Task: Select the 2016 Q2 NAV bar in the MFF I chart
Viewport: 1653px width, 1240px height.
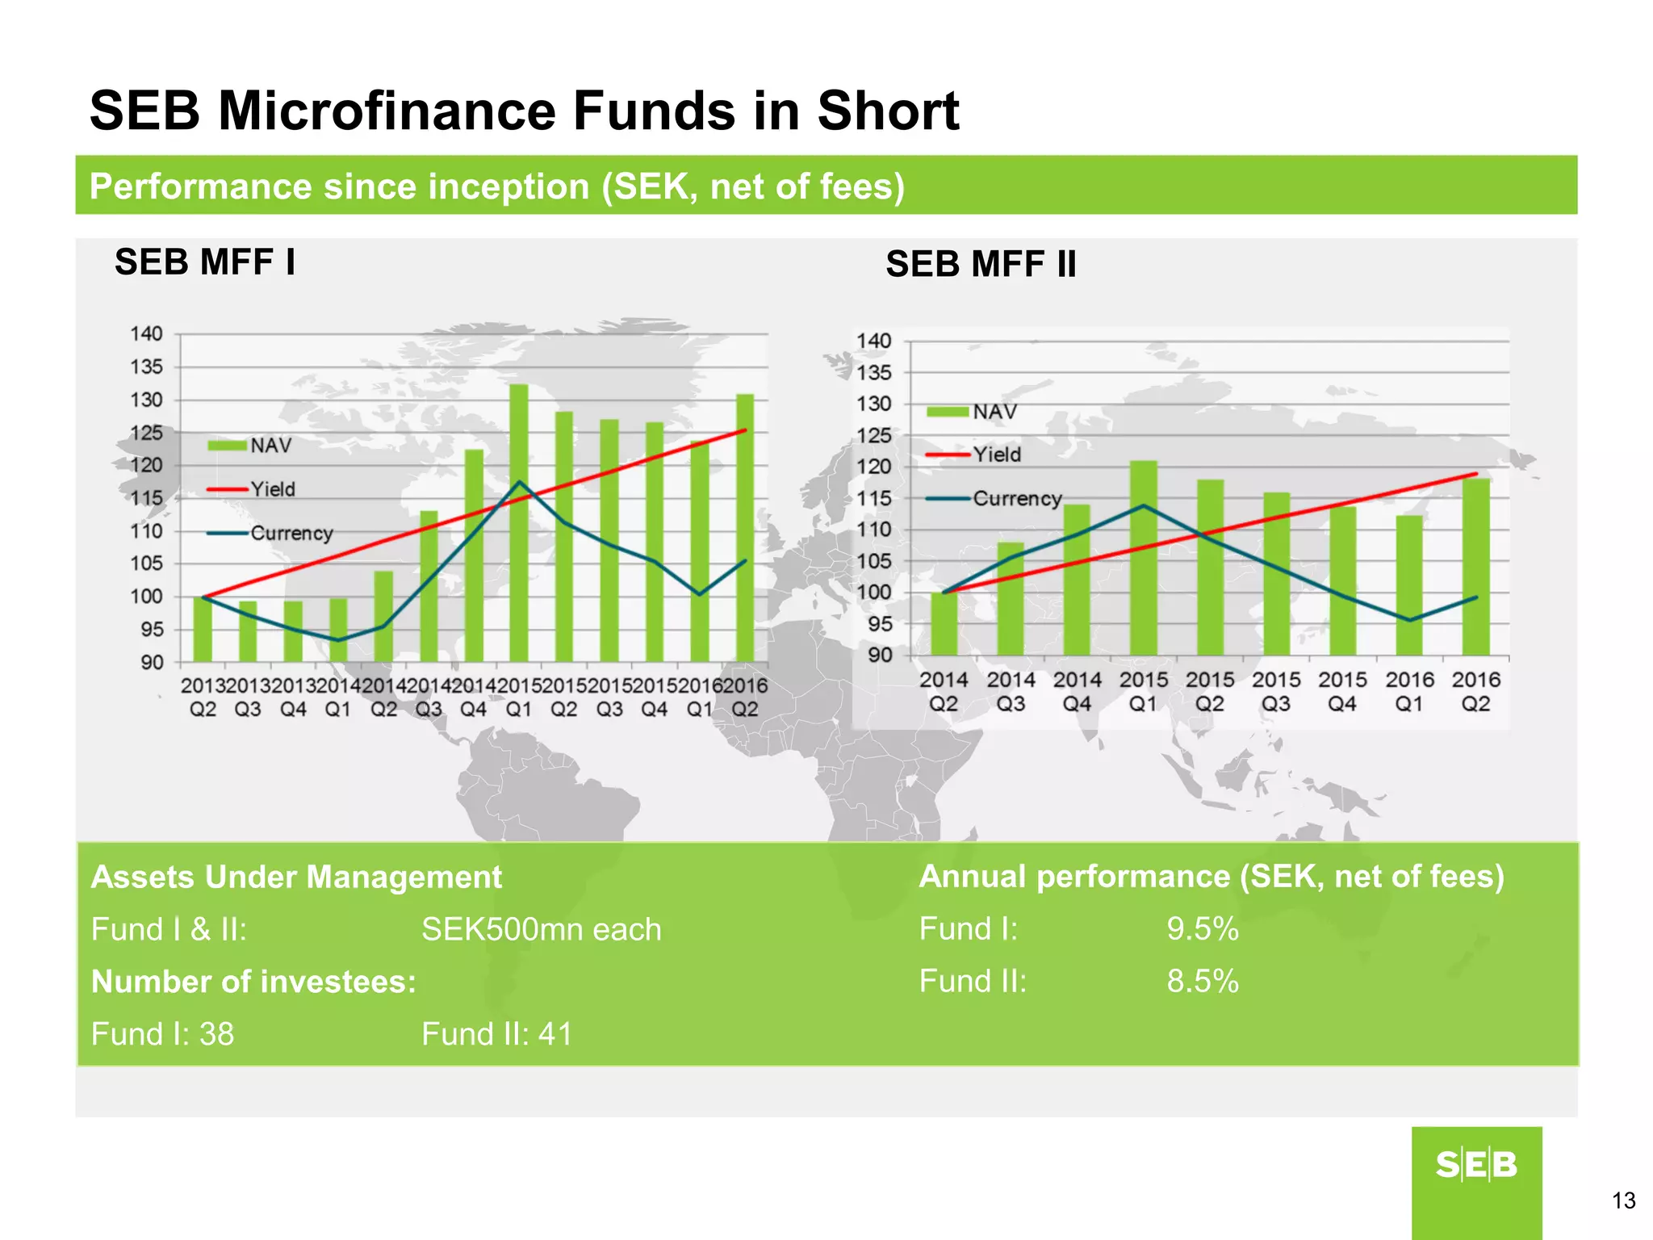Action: point(745,529)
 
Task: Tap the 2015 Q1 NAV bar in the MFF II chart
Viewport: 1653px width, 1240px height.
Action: point(1143,557)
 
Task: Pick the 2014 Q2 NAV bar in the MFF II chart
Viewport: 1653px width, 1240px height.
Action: point(944,623)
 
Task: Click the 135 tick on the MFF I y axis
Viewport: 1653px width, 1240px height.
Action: point(146,367)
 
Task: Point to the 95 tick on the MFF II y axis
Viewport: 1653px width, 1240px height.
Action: point(879,624)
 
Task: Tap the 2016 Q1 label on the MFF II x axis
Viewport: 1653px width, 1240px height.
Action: point(1409,692)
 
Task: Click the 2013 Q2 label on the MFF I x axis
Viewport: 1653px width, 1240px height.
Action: point(203,697)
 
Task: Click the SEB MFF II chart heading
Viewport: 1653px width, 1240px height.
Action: point(981,265)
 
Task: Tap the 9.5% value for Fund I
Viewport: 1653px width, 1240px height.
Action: point(1202,929)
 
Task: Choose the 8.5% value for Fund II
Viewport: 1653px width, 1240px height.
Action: point(1202,982)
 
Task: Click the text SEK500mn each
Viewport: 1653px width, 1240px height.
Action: point(541,930)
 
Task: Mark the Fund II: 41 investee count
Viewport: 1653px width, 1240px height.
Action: point(496,1034)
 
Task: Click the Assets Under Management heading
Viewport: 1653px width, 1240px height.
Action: point(296,878)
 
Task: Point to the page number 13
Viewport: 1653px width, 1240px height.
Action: point(1623,1200)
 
